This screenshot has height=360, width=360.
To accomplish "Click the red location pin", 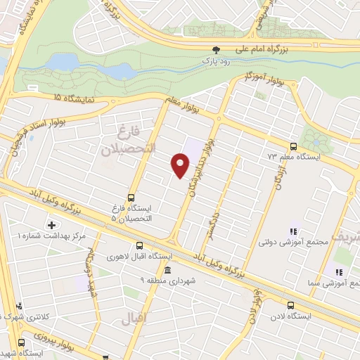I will (x=181, y=164).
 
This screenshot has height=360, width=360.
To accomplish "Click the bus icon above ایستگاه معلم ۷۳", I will (x=293, y=148).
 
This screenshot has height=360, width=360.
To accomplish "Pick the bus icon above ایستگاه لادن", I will (x=290, y=304).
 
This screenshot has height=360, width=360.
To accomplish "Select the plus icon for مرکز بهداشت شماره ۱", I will (x=51, y=225).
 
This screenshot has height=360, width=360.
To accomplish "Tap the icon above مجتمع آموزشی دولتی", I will (x=294, y=231).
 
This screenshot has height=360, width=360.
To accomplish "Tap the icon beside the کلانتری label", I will (x=20, y=306).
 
